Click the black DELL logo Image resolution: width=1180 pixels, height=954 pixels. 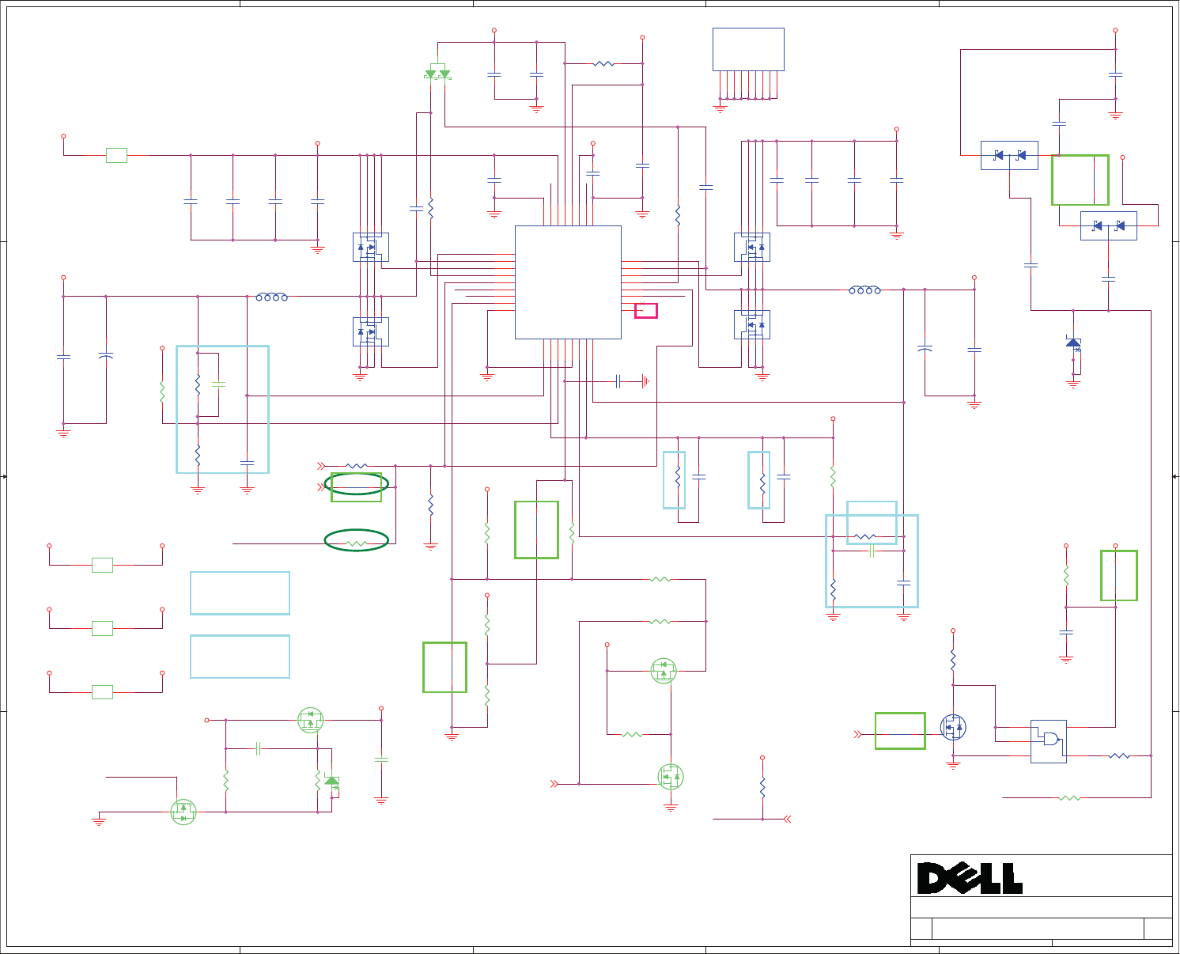coord(970,878)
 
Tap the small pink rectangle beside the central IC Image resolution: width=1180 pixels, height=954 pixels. coord(645,310)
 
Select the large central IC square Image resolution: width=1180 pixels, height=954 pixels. coord(568,282)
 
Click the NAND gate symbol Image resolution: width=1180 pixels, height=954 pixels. coord(1049,740)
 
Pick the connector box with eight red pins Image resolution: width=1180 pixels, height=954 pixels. coord(748,50)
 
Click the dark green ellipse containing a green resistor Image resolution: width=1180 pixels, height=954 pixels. coord(356,540)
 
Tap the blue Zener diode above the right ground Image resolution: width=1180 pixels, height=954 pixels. coord(1073,343)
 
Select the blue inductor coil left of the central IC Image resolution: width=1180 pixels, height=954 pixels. coord(271,297)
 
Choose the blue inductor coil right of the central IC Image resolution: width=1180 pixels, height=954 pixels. coord(864,290)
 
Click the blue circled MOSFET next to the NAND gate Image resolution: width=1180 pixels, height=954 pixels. coord(953,727)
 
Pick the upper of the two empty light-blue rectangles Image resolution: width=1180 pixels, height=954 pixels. coord(240,592)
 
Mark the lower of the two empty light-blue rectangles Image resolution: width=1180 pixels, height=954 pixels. coord(240,656)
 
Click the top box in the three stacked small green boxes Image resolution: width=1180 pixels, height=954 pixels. coord(102,565)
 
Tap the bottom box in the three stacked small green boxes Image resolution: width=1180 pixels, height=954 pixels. coord(102,692)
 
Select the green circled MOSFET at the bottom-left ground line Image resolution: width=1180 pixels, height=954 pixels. coord(183,812)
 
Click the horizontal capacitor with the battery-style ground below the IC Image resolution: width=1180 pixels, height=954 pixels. coord(619,381)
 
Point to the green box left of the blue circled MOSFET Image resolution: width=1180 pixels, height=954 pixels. coord(900,730)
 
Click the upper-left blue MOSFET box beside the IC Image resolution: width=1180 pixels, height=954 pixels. coord(370,247)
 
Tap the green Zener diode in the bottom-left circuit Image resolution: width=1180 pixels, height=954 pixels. coord(332,782)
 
